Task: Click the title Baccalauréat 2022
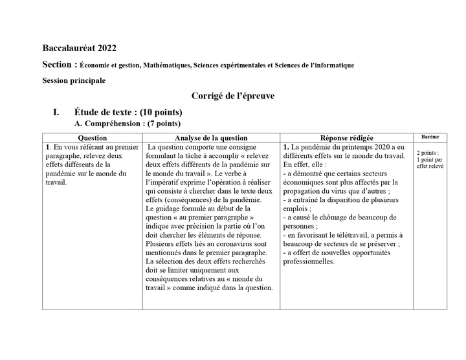80,48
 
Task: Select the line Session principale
74,80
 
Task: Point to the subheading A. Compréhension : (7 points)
128,124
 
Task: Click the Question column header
92,138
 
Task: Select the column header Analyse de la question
211,138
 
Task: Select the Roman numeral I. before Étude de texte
57,112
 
